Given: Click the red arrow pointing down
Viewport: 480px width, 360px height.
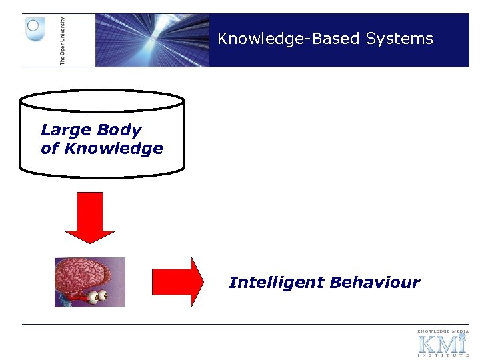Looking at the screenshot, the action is point(90,217).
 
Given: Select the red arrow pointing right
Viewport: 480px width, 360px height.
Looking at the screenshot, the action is point(178,282).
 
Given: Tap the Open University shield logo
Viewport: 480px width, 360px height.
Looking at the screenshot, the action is point(35,29).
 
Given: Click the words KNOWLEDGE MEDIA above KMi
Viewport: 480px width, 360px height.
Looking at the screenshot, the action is point(443,331).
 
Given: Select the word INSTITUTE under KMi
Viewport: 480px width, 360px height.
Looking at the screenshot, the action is point(443,355).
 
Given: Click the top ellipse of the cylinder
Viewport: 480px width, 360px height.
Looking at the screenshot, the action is point(102,101).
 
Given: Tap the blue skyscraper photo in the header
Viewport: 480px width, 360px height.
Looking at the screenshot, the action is point(152,40).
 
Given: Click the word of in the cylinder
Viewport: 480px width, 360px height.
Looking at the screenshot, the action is point(49,149).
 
